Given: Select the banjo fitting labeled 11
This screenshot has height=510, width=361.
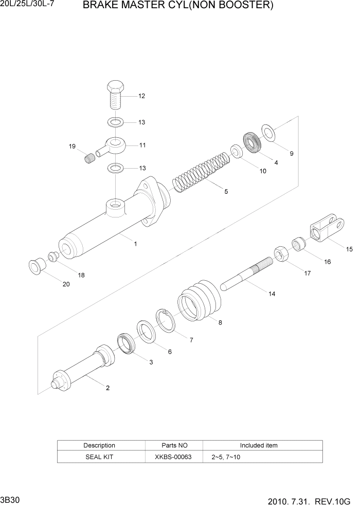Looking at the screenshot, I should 114,145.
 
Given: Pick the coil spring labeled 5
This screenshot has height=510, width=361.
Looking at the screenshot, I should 201,170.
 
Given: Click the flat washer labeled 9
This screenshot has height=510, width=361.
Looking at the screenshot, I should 268,133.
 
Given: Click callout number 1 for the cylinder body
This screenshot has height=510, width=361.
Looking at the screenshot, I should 135,244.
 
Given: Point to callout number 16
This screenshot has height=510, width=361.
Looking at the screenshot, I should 328,262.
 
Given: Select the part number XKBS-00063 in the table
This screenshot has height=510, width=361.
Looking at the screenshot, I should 173,457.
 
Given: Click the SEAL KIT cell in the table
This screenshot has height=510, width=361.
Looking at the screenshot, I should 99,457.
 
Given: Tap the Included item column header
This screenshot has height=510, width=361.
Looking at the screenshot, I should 259,445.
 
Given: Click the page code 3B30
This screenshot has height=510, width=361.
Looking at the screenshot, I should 10,500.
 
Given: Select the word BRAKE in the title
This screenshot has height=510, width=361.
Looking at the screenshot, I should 99,6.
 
